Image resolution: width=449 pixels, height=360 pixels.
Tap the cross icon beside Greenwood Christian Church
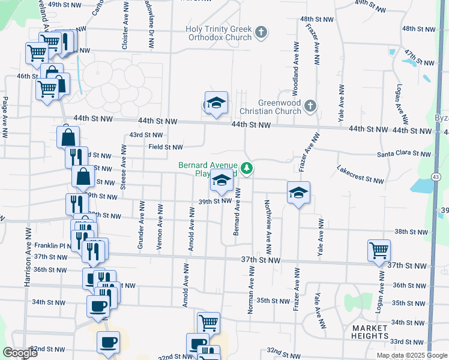pos(310,106)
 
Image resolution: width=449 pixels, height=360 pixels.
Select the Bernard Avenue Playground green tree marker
pos(246,167)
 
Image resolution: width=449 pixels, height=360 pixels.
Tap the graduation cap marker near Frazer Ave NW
pos(298,193)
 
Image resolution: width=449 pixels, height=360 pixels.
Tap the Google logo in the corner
pos(20,352)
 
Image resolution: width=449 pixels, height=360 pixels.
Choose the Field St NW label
pos(166,147)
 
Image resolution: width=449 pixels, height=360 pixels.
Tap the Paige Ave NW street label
pos(5,117)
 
